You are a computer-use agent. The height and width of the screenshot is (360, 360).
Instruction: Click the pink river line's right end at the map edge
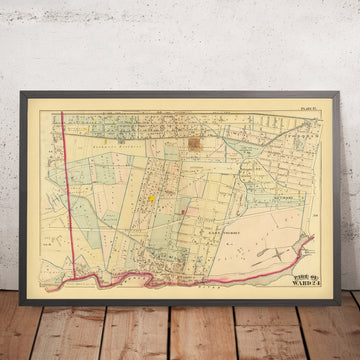[x=313, y=238]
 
